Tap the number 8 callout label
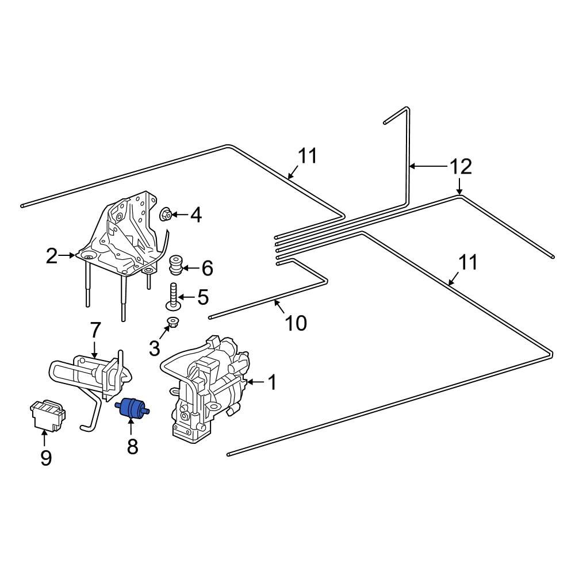[x=132, y=446]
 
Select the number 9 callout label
[x=45, y=458]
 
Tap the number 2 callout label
[x=52, y=256]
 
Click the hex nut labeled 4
[x=164, y=215]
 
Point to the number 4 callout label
[x=195, y=216]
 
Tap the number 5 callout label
[x=202, y=297]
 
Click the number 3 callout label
[x=154, y=348]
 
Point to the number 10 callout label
[x=296, y=323]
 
